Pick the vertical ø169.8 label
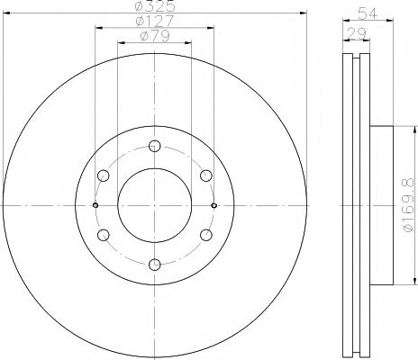click(406, 205)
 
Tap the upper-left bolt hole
click(103, 175)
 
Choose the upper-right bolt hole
click(205, 175)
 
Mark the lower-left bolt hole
click(103, 235)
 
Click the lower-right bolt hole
click(205, 235)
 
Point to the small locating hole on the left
click(95, 205)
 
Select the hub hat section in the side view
click(381, 205)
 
